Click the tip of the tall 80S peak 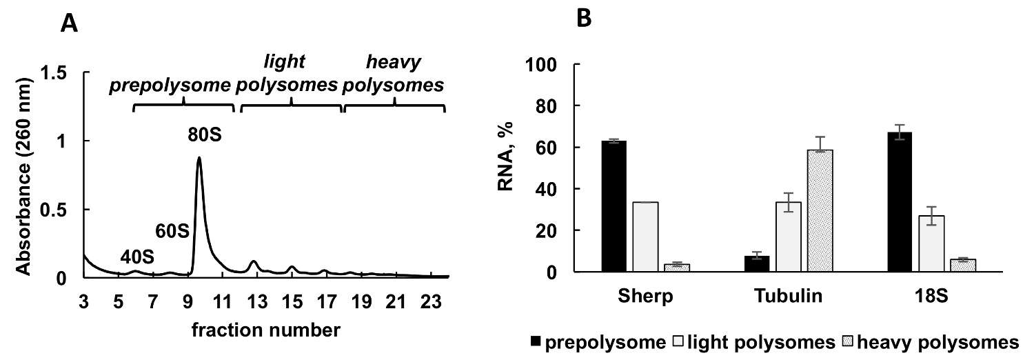[199, 158]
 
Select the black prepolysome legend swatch [537, 343]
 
